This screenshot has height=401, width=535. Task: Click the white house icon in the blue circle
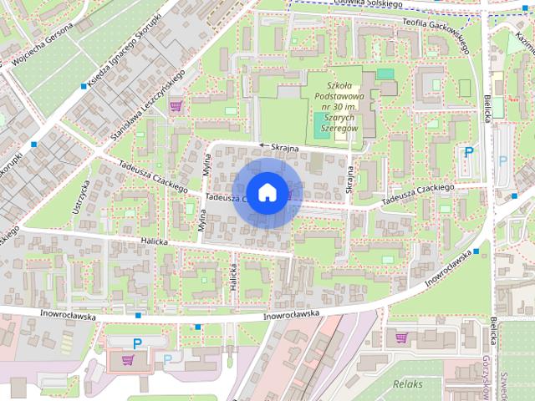[x=266, y=192]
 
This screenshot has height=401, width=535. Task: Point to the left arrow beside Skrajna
[x=262, y=145]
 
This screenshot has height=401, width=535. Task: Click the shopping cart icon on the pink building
[x=127, y=361]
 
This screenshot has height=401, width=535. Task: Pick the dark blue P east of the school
[x=469, y=153]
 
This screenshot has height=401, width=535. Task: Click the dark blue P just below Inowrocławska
[x=137, y=343]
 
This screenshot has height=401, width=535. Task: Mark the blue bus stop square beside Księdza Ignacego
[x=82, y=85]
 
